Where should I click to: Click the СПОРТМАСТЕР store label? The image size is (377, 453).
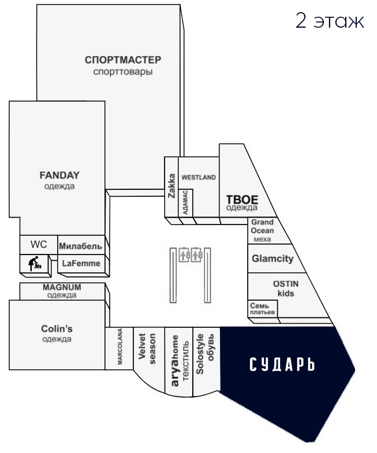coord(122,60)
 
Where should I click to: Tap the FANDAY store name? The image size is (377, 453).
coord(59,175)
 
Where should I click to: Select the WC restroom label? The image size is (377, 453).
coord(39,244)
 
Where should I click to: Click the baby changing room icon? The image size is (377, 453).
coord(35,264)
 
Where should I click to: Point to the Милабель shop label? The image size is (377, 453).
coord(81,245)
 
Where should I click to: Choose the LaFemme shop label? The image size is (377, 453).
coord(81,264)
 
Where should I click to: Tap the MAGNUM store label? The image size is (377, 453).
coord(62,287)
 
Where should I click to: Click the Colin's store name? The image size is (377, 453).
coord(57,329)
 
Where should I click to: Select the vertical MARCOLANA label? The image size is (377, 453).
coord(120,347)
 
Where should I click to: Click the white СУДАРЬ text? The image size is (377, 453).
coord(282,365)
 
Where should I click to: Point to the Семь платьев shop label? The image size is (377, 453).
coord(262,309)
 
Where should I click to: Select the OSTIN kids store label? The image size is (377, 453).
coord(286,289)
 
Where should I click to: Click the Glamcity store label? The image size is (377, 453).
coord(273,259)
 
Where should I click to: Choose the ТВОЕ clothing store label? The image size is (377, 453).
coord(242,200)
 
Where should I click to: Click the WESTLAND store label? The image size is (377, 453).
coord(198,177)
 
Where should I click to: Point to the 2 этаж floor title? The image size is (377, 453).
coord(330,21)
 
